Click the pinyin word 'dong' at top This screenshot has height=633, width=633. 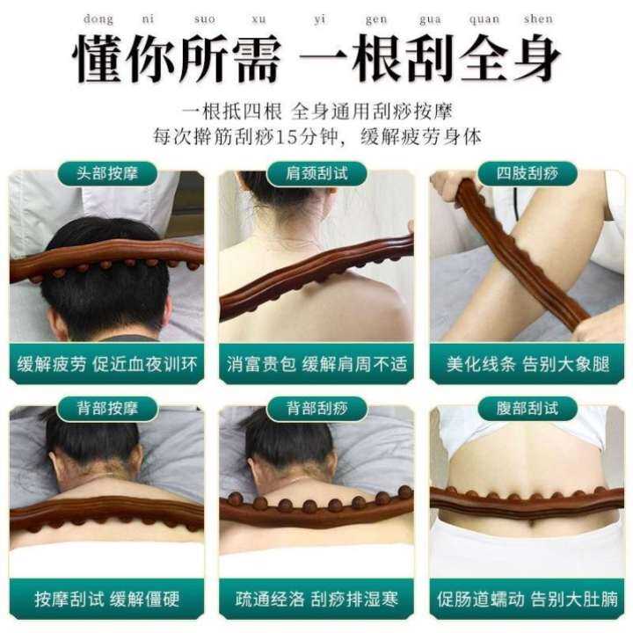coord(100,18)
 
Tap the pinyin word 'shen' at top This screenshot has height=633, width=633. coord(537,18)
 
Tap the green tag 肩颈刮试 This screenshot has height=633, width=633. coord(317,172)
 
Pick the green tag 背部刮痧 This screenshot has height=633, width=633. coord(317,408)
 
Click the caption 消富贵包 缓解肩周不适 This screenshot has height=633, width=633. coord(317,363)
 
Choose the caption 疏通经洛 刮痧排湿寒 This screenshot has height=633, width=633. coord(317,600)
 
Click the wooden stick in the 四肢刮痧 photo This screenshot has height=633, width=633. coord(514,255)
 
